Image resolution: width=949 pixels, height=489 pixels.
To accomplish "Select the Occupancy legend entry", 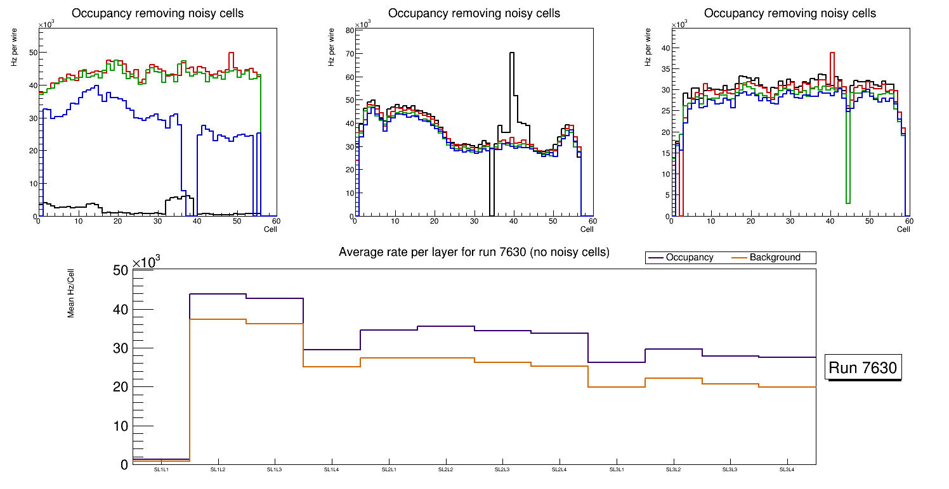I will coord(689,258).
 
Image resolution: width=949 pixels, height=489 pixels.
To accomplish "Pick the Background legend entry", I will coord(774,258).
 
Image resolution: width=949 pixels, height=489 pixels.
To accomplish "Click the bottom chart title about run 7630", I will coord(474,252).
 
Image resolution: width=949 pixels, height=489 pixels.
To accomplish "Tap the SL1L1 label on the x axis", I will coord(161,469).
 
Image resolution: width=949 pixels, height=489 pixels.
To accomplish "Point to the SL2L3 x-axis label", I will coord(502,469).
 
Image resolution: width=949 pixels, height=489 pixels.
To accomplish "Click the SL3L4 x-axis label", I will coord(787,469).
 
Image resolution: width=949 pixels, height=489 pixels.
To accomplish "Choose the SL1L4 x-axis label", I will coord(332,469).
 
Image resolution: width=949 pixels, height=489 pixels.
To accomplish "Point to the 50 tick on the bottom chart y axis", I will coord(121,271).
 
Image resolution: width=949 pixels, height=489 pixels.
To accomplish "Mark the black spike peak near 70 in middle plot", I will coord(511,53).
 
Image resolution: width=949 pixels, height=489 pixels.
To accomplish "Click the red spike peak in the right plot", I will coord(832,53).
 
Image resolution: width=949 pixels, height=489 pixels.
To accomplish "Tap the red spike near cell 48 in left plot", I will coord(232,53).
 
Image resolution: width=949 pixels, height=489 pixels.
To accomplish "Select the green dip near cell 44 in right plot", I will coord(848,203).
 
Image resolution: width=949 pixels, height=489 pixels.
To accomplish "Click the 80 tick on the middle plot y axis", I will coord(349,30).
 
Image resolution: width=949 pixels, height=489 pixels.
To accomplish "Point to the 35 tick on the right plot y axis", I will coord(666,69).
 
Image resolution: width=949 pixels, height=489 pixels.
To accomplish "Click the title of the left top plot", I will coord(158,13).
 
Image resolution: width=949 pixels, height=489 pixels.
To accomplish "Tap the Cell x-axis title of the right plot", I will coord(903,229).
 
